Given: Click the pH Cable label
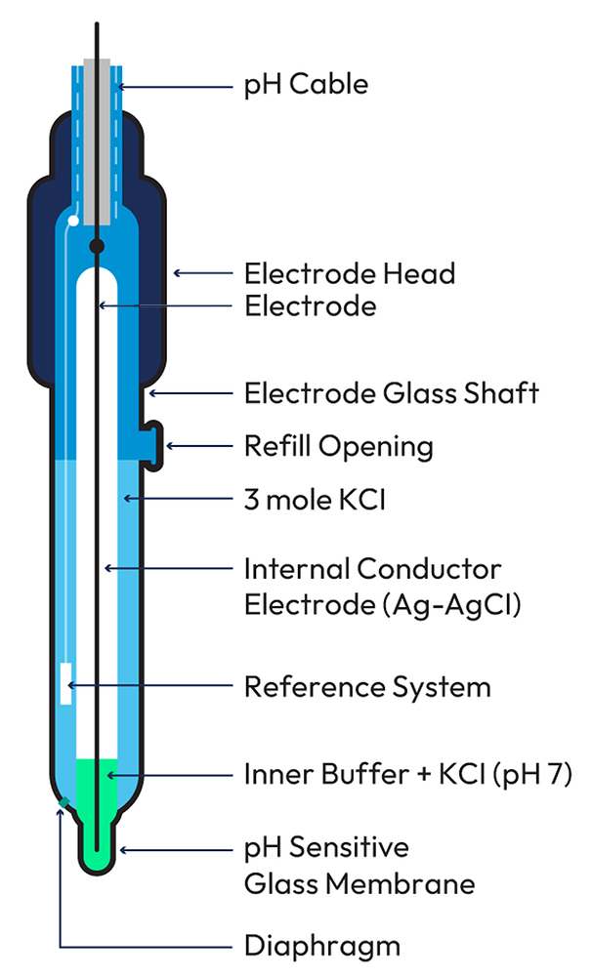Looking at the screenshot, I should pyautogui.click(x=306, y=85).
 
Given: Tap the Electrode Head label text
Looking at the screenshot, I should pyautogui.click(x=349, y=273).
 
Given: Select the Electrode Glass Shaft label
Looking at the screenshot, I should pyautogui.click(x=391, y=394).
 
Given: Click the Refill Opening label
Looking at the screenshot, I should pyautogui.click(x=338, y=447).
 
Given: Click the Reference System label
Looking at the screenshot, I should pyautogui.click(x=366, y=687).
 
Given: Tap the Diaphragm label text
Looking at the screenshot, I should pyautogui.click(x=321, y=945).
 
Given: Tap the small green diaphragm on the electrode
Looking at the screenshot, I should pyautogui.click(x=63, y=803).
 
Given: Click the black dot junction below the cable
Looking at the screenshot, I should pyautogui.click(x=97, y=244).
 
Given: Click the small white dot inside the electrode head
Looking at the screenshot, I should pyautogui.click(x=71, y=222).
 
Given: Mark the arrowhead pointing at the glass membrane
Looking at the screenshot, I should pyautogui.click(x=123, y=850).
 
